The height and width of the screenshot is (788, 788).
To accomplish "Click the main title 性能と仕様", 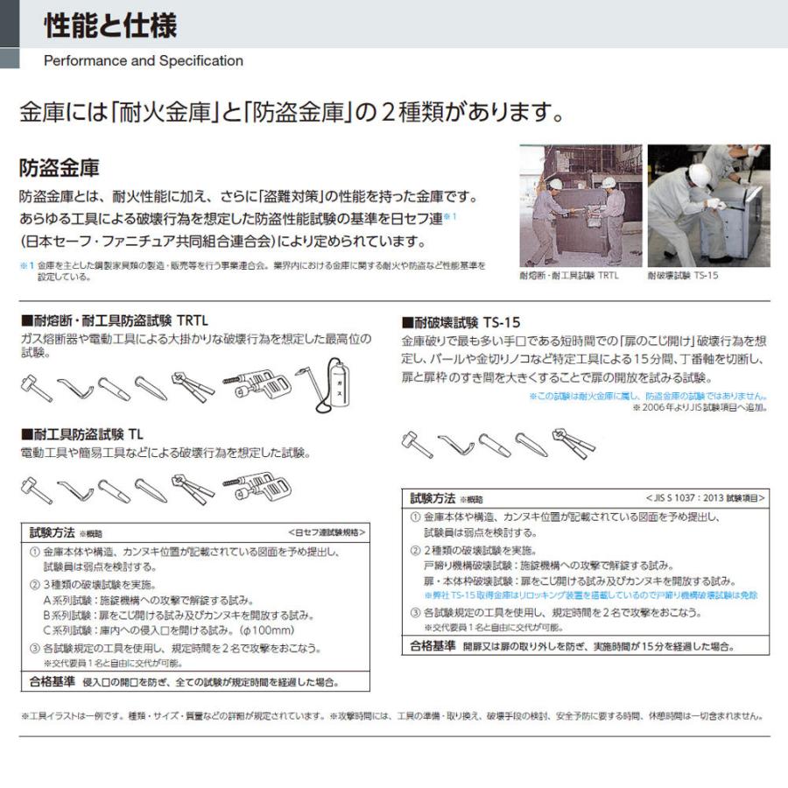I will [109, 25].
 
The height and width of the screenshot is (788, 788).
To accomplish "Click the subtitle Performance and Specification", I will [143, 61].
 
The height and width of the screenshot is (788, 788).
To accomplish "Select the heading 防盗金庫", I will [60, 167].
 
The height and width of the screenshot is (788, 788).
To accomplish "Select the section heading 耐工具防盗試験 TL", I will [82, 433].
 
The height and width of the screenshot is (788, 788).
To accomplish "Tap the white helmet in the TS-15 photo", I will [698, 173].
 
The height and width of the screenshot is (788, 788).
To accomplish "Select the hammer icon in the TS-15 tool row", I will [415, 442].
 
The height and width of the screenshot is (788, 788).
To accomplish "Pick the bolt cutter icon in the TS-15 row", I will [573, 442].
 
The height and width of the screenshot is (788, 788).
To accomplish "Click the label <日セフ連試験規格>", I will [326, 531].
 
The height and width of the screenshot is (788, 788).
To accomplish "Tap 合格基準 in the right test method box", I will [433, 646].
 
